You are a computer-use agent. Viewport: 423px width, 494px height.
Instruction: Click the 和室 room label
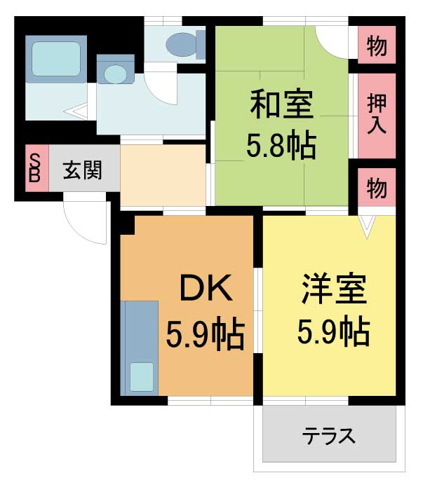pos(282,104)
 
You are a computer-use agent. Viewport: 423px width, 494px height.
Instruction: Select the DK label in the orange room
pos(206,288)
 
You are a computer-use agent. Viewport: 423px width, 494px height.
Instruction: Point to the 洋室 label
pos(334,289)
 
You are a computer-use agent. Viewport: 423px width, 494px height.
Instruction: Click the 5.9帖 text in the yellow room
pos(334,331)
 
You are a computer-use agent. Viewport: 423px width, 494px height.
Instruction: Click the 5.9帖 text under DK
pos(206,336)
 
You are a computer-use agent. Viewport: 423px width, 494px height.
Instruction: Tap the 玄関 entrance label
pos(82,170)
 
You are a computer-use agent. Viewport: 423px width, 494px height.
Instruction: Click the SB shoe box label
pos(34,168)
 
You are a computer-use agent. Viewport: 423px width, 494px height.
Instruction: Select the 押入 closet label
pos(377,114)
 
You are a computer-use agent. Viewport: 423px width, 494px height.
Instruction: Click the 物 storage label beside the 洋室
pos(377,188)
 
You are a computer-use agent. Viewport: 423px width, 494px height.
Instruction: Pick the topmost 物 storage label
pos(377,46)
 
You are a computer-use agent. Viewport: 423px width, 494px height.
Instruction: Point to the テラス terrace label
pos(329,436)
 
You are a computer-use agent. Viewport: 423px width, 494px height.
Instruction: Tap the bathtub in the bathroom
pos(56,59)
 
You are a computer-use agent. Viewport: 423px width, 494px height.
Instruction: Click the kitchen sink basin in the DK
pos(142,377)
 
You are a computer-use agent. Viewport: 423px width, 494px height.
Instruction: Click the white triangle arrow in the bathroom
pos(76,111)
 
